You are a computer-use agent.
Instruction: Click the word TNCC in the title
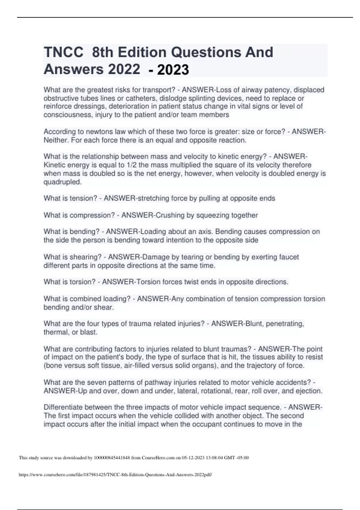(x=63, y=52)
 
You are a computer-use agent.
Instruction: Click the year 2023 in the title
(x=173, y=70)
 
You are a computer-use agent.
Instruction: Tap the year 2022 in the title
(x=124, y=70)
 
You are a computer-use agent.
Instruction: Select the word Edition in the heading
(x=142, y=52)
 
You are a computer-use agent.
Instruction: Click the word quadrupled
(x=62, y=182)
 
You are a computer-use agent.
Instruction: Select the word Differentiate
(x=63, y=407)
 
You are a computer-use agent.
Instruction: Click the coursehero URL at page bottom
(x=115, y=475)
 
